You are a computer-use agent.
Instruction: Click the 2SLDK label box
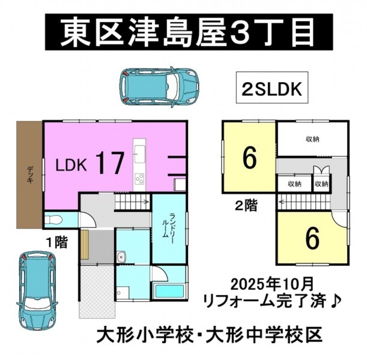[272, 87]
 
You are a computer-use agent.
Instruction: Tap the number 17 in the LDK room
[109, 163]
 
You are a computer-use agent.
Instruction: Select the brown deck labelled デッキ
[29, 175]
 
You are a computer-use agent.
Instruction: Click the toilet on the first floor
[53, 220]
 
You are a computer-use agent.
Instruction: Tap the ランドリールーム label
[169, 225]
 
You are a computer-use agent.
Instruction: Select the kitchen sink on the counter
[140, 154]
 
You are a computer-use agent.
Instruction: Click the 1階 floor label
[57, 242]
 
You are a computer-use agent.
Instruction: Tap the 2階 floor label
[246, 206]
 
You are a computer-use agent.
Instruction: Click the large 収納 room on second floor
[312, 139]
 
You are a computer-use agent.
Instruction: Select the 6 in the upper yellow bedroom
[249, 158]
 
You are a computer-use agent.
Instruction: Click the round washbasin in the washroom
[121, 257]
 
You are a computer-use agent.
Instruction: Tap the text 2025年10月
[271, 284]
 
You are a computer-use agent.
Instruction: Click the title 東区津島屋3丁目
[189, 32]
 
